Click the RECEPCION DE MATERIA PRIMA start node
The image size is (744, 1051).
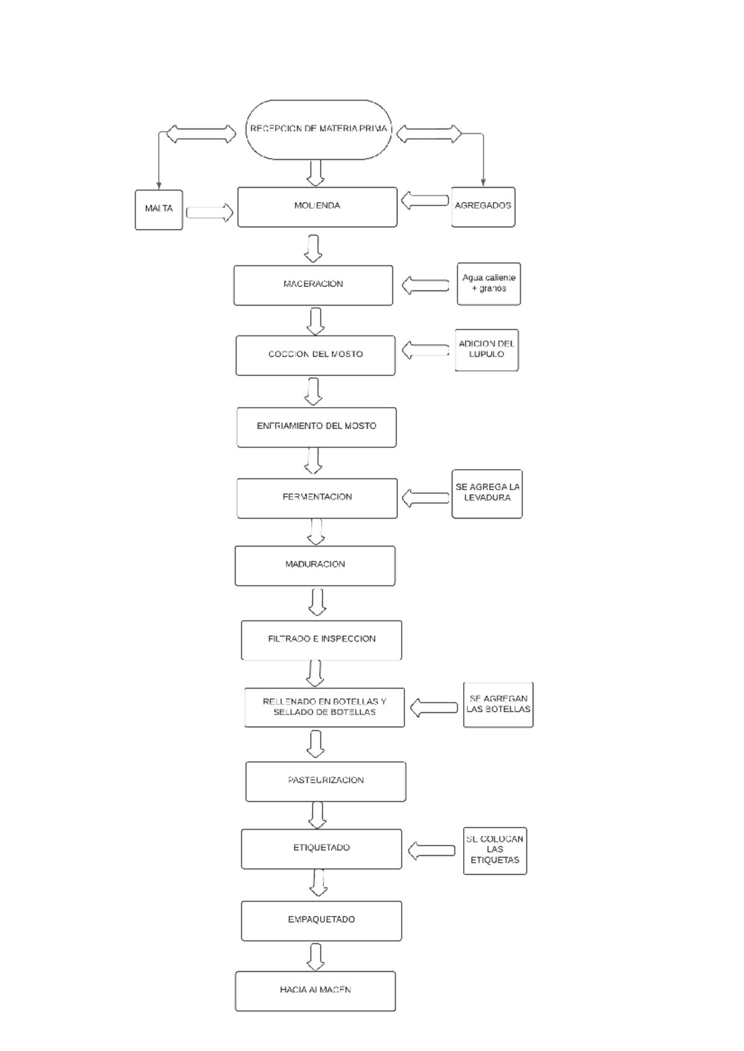point(319,130)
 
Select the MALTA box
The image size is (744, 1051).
point(159,209)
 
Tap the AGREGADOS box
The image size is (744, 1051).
point(483,207)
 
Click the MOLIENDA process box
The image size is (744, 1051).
point(317,207)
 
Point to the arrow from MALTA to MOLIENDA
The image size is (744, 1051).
point(210,213)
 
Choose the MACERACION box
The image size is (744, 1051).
point(313,285)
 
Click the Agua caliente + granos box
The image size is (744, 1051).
point(489,284)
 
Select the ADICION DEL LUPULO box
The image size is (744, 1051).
point(487,350)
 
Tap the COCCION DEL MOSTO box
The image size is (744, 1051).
point(315,355)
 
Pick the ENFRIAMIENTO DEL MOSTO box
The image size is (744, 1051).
point(316,427)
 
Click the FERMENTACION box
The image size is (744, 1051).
point(317,498)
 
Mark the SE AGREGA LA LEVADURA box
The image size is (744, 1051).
point(487,493)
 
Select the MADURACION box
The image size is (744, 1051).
point(315,565)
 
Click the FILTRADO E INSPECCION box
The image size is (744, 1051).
point(321,640)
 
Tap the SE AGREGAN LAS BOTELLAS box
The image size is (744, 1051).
point(498,705)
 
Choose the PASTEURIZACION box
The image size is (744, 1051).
point(325,781)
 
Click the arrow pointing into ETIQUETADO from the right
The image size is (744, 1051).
point(432,850)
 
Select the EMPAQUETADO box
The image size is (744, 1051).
point(321,920)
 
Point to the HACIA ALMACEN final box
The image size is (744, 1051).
point(315,990)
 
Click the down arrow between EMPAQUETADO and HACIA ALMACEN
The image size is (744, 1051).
point(316,956)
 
